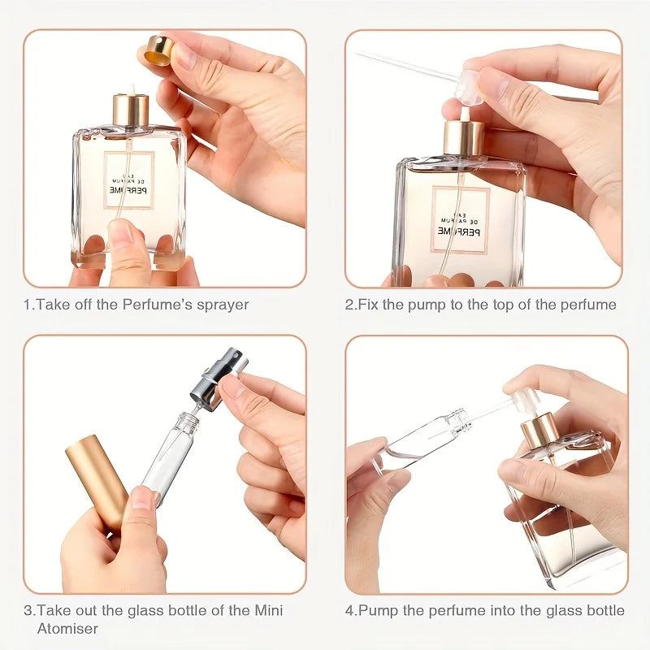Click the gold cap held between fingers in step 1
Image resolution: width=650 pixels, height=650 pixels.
point(159,50)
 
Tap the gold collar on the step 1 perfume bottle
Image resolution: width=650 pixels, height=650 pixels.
point(131,111)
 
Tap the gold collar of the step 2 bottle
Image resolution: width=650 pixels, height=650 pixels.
point(464,139)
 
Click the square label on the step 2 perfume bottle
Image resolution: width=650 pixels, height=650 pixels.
point(461,219)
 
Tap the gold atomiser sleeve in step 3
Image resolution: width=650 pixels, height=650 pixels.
point(97,479)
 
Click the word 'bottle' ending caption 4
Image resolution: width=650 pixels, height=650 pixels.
point(606,610)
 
